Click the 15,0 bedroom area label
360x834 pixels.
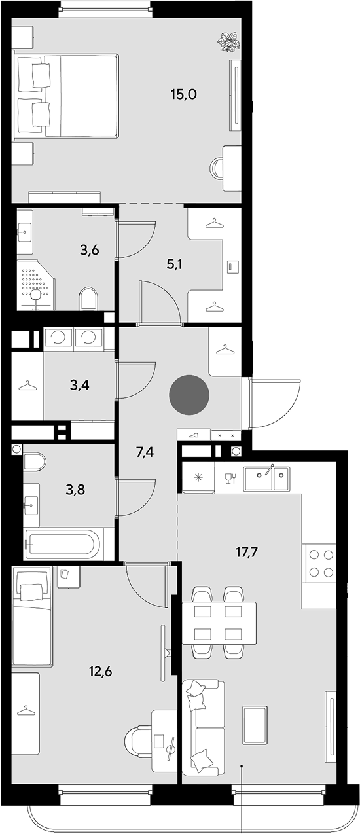coord(183,94)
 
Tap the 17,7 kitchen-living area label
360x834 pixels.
coord(247,552)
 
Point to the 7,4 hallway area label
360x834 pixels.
coord(145,453)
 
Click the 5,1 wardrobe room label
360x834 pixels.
coord(174,264)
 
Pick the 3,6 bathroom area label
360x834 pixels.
coord(90,250)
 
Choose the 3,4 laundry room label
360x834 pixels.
coord(80,385)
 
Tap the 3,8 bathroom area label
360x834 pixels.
coord(75,490)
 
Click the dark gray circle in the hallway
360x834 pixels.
coord(189,395)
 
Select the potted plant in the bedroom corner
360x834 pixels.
coord(228,42)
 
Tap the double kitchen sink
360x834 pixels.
coord(266,479)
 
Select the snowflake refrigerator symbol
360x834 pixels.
coord(198,478)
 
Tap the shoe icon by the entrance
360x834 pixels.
coord(194,435)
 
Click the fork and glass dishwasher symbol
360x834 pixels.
coord(231,478)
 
